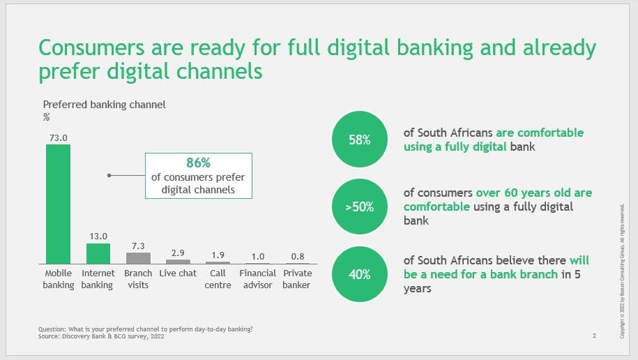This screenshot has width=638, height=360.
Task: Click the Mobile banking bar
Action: [58, 204]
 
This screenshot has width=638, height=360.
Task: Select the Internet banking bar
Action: [98, 254]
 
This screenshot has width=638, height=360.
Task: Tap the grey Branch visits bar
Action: [138, 258]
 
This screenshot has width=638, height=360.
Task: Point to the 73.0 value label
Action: [58, 138]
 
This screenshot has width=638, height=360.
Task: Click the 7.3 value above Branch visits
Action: [138, 246]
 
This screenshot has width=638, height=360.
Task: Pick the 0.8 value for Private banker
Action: [298, 257]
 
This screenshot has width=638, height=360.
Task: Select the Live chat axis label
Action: [178, 273]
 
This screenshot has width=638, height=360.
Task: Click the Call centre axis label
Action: [218, 279]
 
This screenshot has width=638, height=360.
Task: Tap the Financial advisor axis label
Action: [257, 279]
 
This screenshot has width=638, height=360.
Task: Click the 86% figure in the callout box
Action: [199, 163]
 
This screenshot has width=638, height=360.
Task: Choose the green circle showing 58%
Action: [360, 140]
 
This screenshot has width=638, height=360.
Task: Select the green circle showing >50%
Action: [360, 207]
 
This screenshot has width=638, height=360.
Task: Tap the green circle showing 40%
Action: [360, 274]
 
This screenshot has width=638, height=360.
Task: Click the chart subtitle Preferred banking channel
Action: [104, 105]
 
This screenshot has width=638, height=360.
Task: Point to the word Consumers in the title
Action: [91, 47]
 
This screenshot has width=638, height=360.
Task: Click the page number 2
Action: [595, 336]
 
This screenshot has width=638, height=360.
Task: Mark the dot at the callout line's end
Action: [109, 176]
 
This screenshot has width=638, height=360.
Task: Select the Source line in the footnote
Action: [101, 336]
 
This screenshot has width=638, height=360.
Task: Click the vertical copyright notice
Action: [622, 271]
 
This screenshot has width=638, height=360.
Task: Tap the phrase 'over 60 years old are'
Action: [534, 193]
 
